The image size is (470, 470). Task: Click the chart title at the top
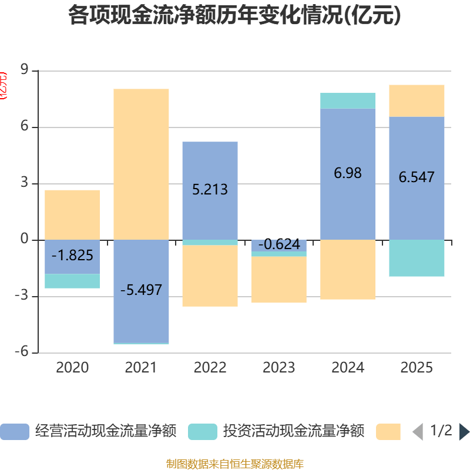(x=234, y=16)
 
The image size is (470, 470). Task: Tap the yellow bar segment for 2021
(x=141, y=164)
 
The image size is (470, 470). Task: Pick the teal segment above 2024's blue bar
(x=348, y=100)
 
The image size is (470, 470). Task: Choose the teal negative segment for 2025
(x=417, y=258)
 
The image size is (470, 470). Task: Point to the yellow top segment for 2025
(x=417, y=100)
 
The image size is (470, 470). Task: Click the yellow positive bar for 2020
(x=72, y=214)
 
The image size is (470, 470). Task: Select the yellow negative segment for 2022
(x=210, y=276)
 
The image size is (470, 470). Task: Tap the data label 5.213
(x=210, y=190)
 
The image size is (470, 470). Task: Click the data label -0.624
(x=279, y=244)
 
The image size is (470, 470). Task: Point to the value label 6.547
(x=417, y=177)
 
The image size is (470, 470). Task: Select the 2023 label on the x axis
(x=279, y=368)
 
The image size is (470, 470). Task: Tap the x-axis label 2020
(x=72, y=368)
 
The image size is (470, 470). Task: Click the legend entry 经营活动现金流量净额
(x=88, y=432)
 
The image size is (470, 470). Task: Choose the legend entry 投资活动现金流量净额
(x=276, y=432)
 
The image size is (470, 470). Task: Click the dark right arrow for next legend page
(x=464, y=432)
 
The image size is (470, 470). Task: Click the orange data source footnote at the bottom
(x=234, y=464)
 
